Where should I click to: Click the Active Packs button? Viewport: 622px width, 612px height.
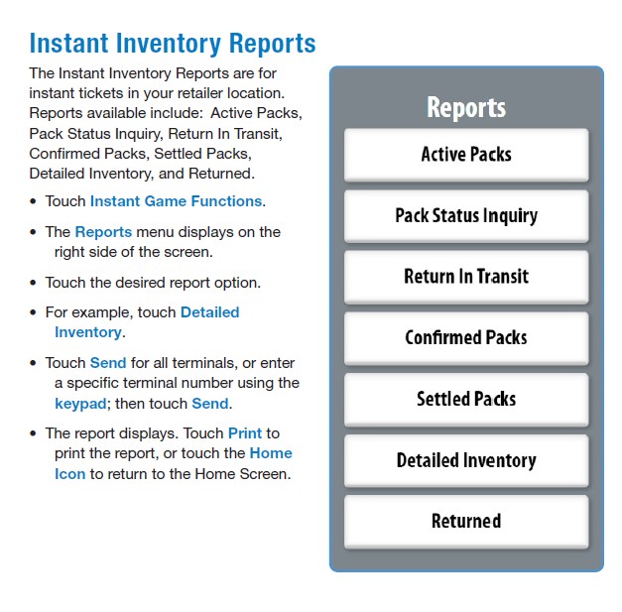pos(466,155)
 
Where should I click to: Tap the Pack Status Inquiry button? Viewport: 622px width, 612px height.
pos(466,216)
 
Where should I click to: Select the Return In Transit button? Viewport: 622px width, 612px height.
pos(466,277)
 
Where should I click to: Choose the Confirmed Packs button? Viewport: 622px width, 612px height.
pos(466,338)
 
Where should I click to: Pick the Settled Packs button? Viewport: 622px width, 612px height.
pos(466,400)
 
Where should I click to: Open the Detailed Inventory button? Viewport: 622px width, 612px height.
pos(466,461)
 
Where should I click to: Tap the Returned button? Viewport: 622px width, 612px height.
pos(466,522)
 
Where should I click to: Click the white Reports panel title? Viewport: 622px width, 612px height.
pos(466,107)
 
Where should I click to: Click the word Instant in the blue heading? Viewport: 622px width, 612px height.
pos(69,43)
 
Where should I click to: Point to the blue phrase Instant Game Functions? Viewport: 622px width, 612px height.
pos(176,201)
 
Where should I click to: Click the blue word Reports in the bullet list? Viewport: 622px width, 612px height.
pos(103,232)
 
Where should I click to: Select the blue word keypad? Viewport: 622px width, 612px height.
pos(80,404)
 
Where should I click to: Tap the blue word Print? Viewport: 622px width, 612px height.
pos(245,433)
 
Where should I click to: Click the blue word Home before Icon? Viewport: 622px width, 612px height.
pos(271,453)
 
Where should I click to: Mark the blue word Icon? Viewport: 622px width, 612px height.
pos(69,474)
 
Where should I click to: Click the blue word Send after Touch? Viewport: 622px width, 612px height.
pos(108,363)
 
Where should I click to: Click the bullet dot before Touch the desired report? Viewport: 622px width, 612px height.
pos(33,283)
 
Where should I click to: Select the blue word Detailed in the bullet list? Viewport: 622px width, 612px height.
pos(210,312)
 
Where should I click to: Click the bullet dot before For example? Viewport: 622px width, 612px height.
pos(33,312)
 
